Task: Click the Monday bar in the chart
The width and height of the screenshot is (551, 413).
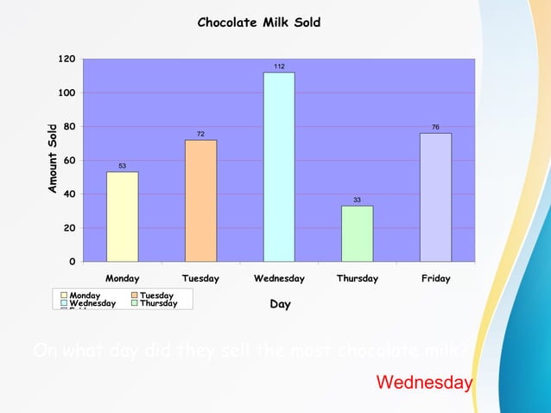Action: (122, 216)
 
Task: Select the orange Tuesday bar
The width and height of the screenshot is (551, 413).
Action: (200, 200)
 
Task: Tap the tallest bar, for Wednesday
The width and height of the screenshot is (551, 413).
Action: (279, 167)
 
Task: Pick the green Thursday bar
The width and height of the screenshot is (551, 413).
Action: (358, 233)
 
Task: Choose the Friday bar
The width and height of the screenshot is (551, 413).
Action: (435, 197)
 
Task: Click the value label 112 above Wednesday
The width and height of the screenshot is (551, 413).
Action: (279, 67)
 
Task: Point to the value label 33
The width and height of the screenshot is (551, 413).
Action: (358, 200)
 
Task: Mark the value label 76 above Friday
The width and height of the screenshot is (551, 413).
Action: (435, 127)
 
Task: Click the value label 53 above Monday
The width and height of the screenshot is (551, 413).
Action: (122, 166)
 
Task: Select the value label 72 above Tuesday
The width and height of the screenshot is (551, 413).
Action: (200, 134)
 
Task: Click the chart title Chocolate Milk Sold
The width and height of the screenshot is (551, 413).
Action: (259, 22)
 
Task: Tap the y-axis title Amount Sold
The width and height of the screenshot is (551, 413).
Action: (53, 158)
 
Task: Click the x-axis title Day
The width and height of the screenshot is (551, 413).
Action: (280, 304)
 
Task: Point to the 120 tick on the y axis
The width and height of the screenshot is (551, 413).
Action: (66, 59)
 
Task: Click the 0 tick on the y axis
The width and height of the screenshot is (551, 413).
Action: (72, 261)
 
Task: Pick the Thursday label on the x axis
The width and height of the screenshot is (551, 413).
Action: (358, 279)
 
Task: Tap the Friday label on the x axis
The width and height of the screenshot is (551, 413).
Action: (435, 279)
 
